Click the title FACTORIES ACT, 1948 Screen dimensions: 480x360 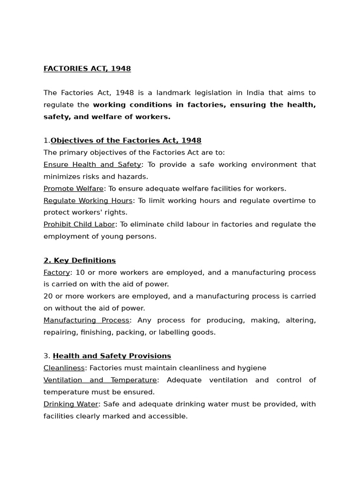pyautogui.click(x=87, y=69)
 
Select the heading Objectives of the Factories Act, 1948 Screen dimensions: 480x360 pyautogui.click(x=126, y=141)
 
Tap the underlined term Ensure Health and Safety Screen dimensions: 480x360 pyautogui.click(x=92, y=165)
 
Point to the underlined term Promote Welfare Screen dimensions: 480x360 pyautogui.click(x=74, y=188)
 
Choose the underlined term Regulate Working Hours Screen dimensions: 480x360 pyautogui.click(x=88, y=201)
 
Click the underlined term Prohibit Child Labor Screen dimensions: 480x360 pyautogui.click(x=79, y=225)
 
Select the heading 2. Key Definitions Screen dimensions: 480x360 pyautogui.click(x=80, y=261)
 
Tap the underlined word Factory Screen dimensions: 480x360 pyautogui.click(x=57, y=272)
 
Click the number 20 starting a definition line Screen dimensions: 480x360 pyautogui.click(x=48, y=296)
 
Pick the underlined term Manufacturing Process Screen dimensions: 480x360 pyautogui.click(x=86, y=320)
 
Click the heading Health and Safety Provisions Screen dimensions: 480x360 pyautogui.click(x=112, y=356)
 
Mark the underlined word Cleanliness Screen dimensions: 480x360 pyautogui.click(x=64, y=368)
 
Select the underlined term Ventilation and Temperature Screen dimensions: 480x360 pyautogui.click(x=100, y=380)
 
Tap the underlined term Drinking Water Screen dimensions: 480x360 pyautogui.click(x=71, y=404)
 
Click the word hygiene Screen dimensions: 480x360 pyautogui.click(x=252, y=368)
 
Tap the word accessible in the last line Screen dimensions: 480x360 pyautogui.click(x=168, y=416)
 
